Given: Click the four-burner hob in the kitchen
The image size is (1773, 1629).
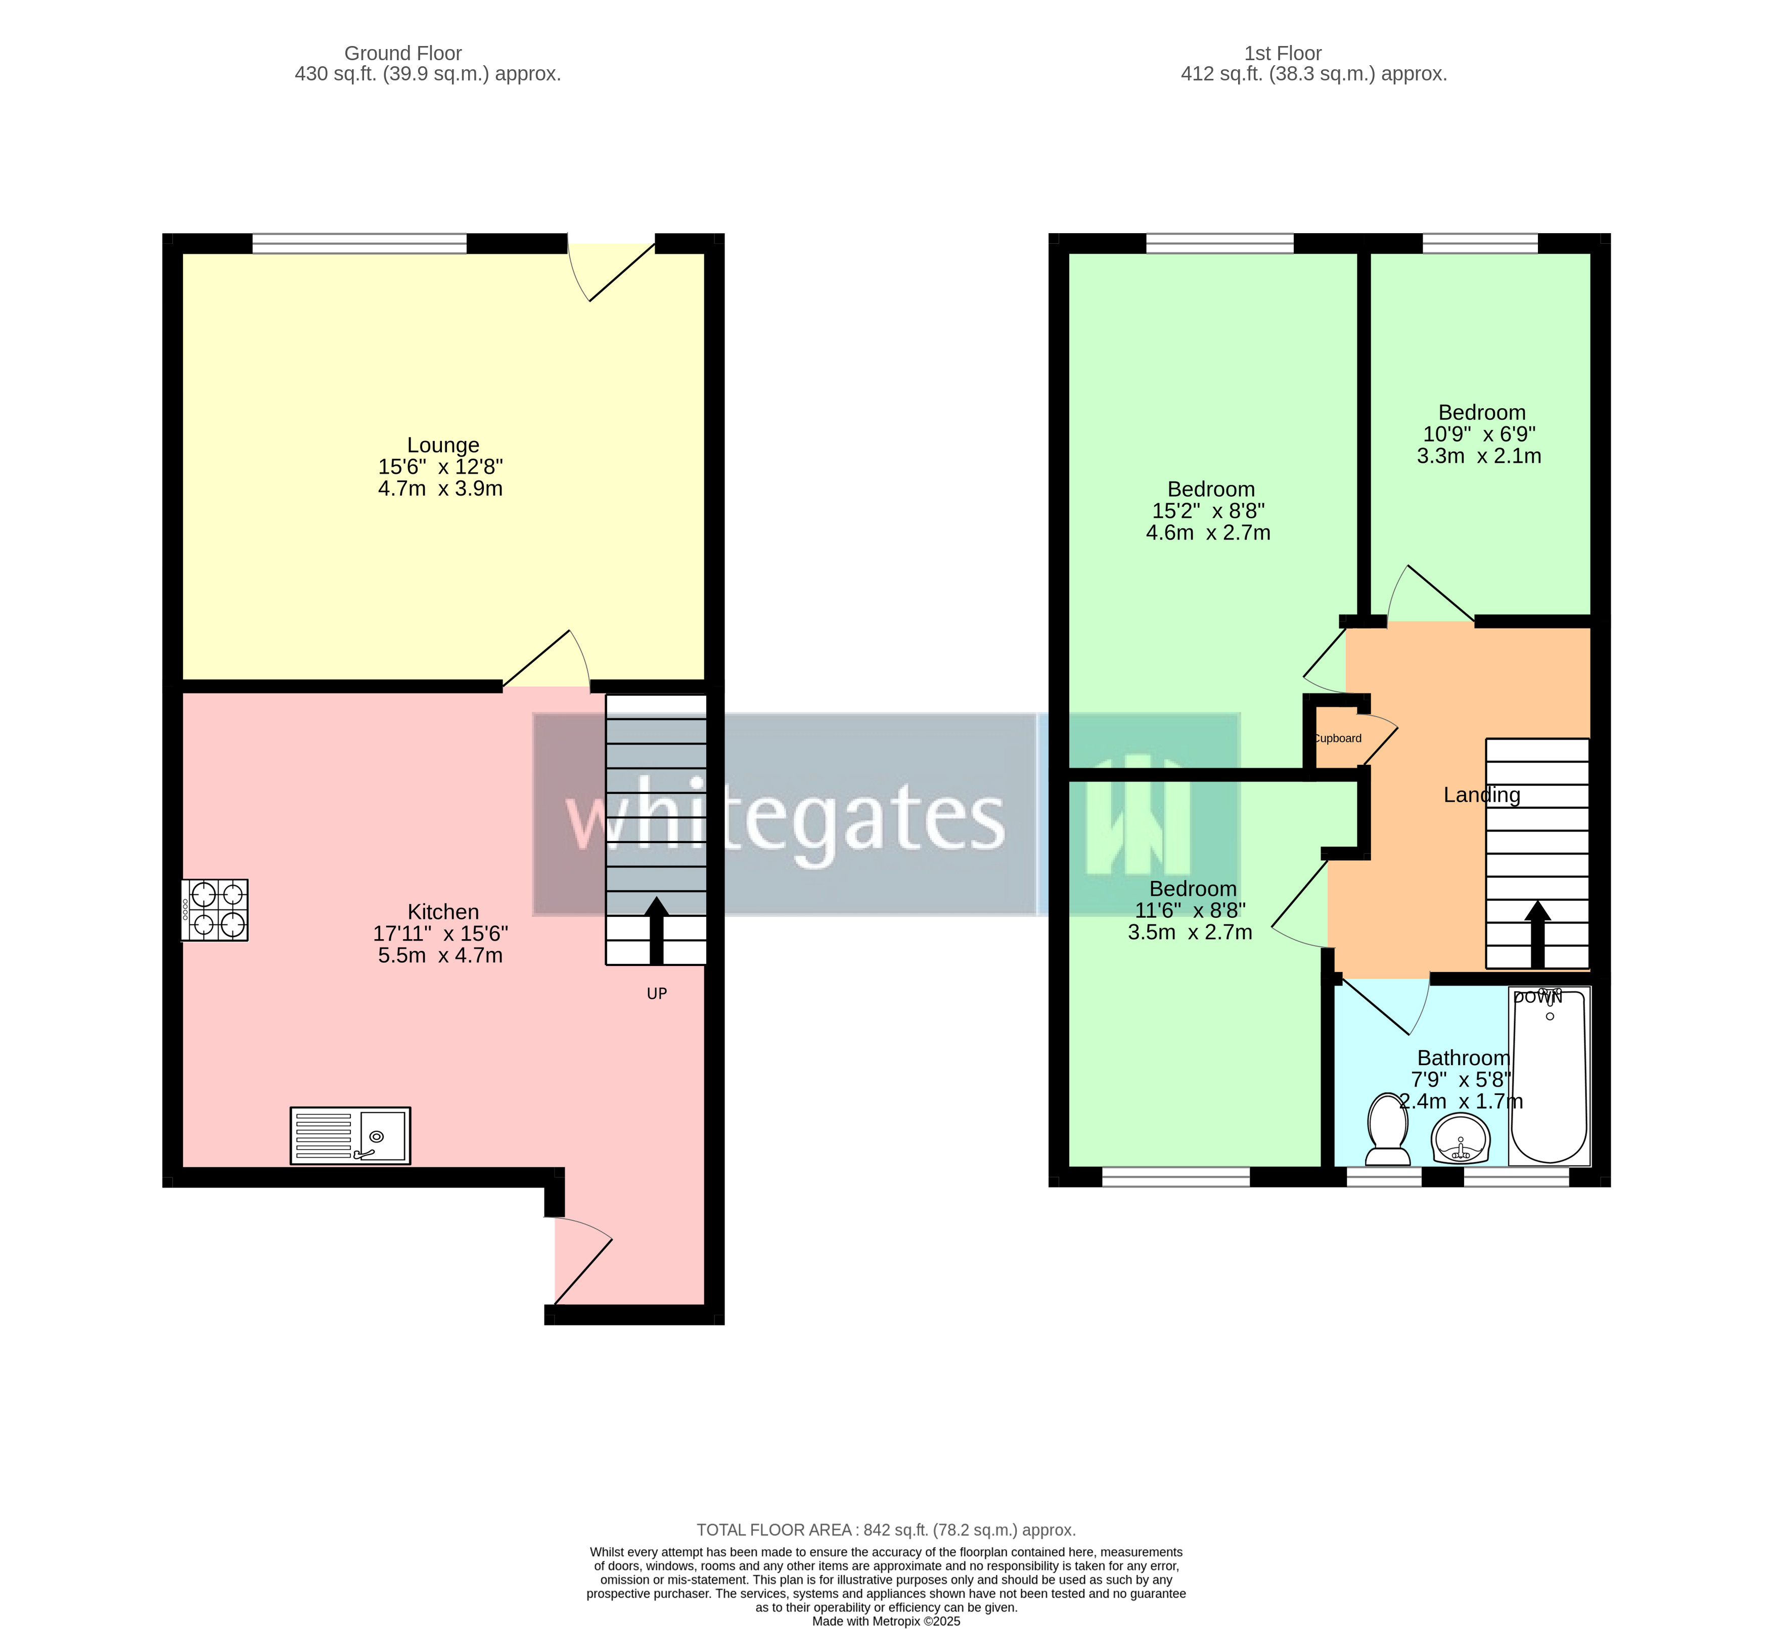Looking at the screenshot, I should pos(215,910).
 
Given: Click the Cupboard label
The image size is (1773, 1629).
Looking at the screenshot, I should pos(1338,739).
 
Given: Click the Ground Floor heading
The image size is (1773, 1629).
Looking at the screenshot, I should pos(403,54).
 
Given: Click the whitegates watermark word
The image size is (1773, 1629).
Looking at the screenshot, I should pos(784,816).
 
